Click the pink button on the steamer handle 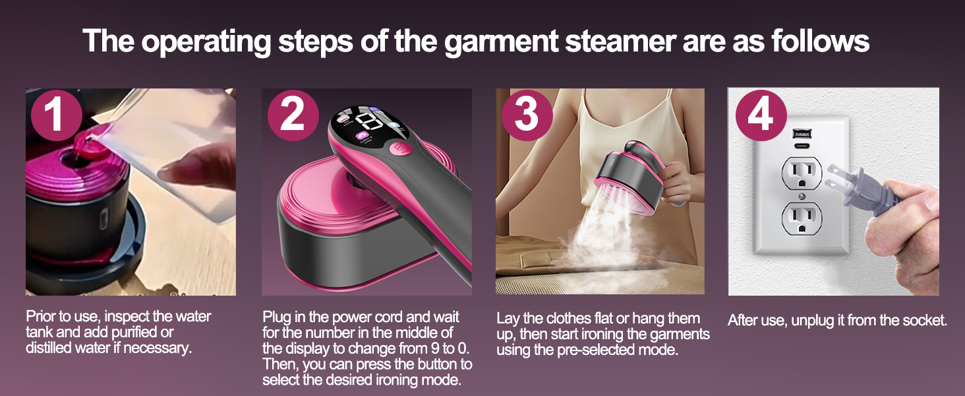pos(399,148)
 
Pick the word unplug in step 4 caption pos(806,321)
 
